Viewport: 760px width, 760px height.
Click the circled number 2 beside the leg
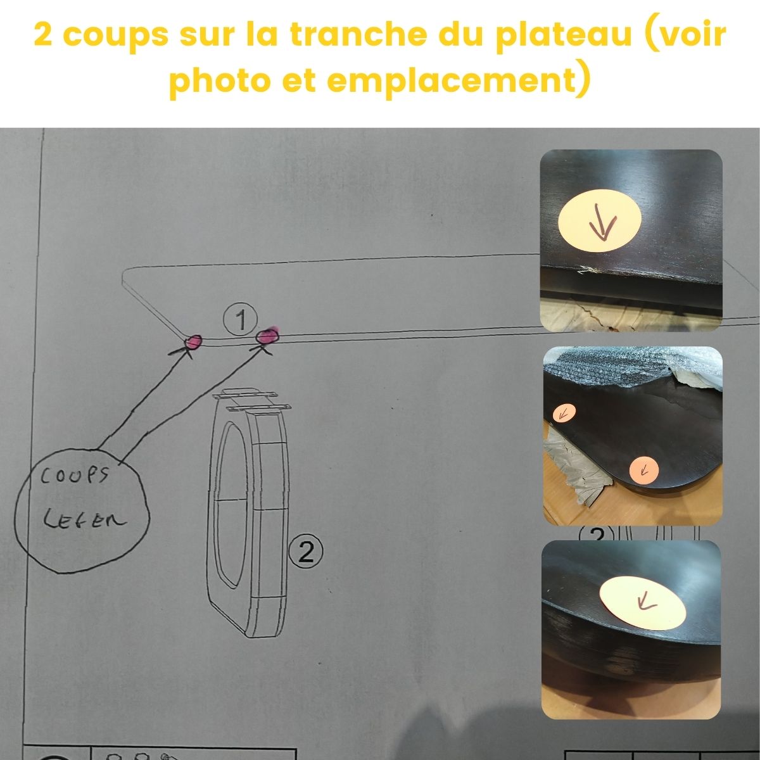pos(306,553)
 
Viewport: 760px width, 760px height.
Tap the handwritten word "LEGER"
pos(84,521)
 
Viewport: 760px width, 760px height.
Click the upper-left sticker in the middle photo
pos(563,414)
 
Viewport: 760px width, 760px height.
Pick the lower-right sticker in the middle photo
pos(644,469)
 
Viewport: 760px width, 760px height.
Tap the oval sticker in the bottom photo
pos(643,603)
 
